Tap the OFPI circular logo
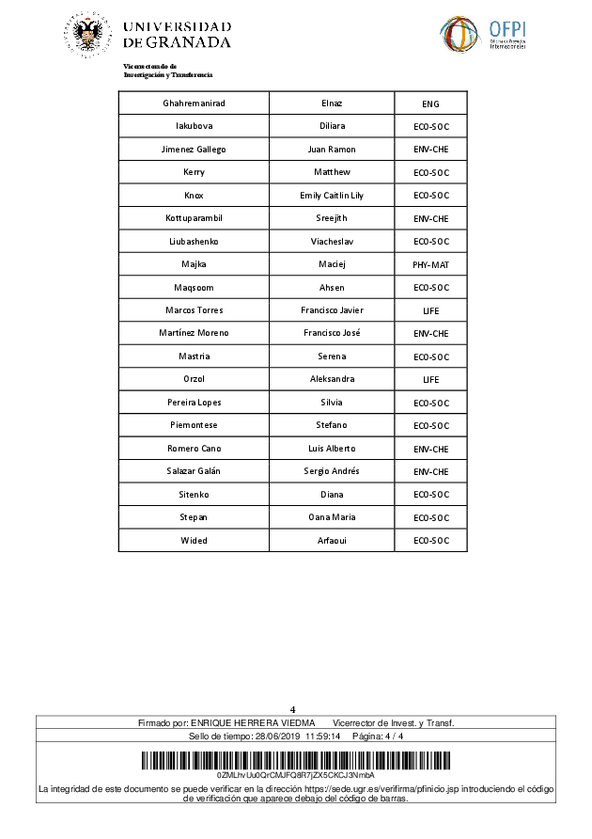[x=461, y=35]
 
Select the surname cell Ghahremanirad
[x=194, y=103]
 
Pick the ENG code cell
[x=430, y=103]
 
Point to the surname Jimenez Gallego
[x=194, y=150]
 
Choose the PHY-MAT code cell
[x=430, y=264]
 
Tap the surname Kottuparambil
[x=194, y=218]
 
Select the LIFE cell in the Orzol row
[x=430, y=379]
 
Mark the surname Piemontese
[x=194, y=425]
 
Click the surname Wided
[x=194, y=540]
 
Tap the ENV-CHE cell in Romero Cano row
[x=430, y=449]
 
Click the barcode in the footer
[x=295, y=761]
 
